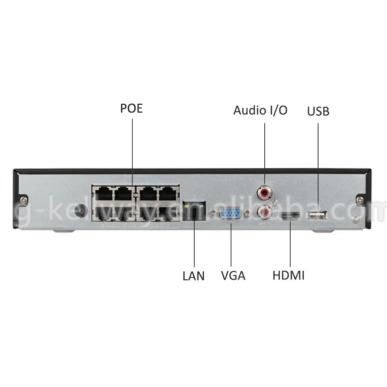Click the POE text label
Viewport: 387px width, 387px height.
[x=132, y=108]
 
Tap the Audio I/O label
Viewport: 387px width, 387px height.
[x=260, y=110]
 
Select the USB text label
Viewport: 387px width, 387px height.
[x=318, y=111]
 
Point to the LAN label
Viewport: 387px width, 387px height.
[x=193, y=276]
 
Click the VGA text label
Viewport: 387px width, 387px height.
[x=233, y=276]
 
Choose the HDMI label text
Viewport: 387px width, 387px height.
[x=288, y=276]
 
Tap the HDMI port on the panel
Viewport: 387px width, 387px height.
[x=290, y=217]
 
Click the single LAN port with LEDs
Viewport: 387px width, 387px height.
[x=194, y=211]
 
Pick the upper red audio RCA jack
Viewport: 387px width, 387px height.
[x=265, y=192]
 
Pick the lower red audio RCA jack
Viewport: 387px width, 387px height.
[x=265, y=212]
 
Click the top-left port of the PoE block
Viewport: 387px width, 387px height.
[x=102, y=192]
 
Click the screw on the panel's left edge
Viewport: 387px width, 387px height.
[x=24, y=199]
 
